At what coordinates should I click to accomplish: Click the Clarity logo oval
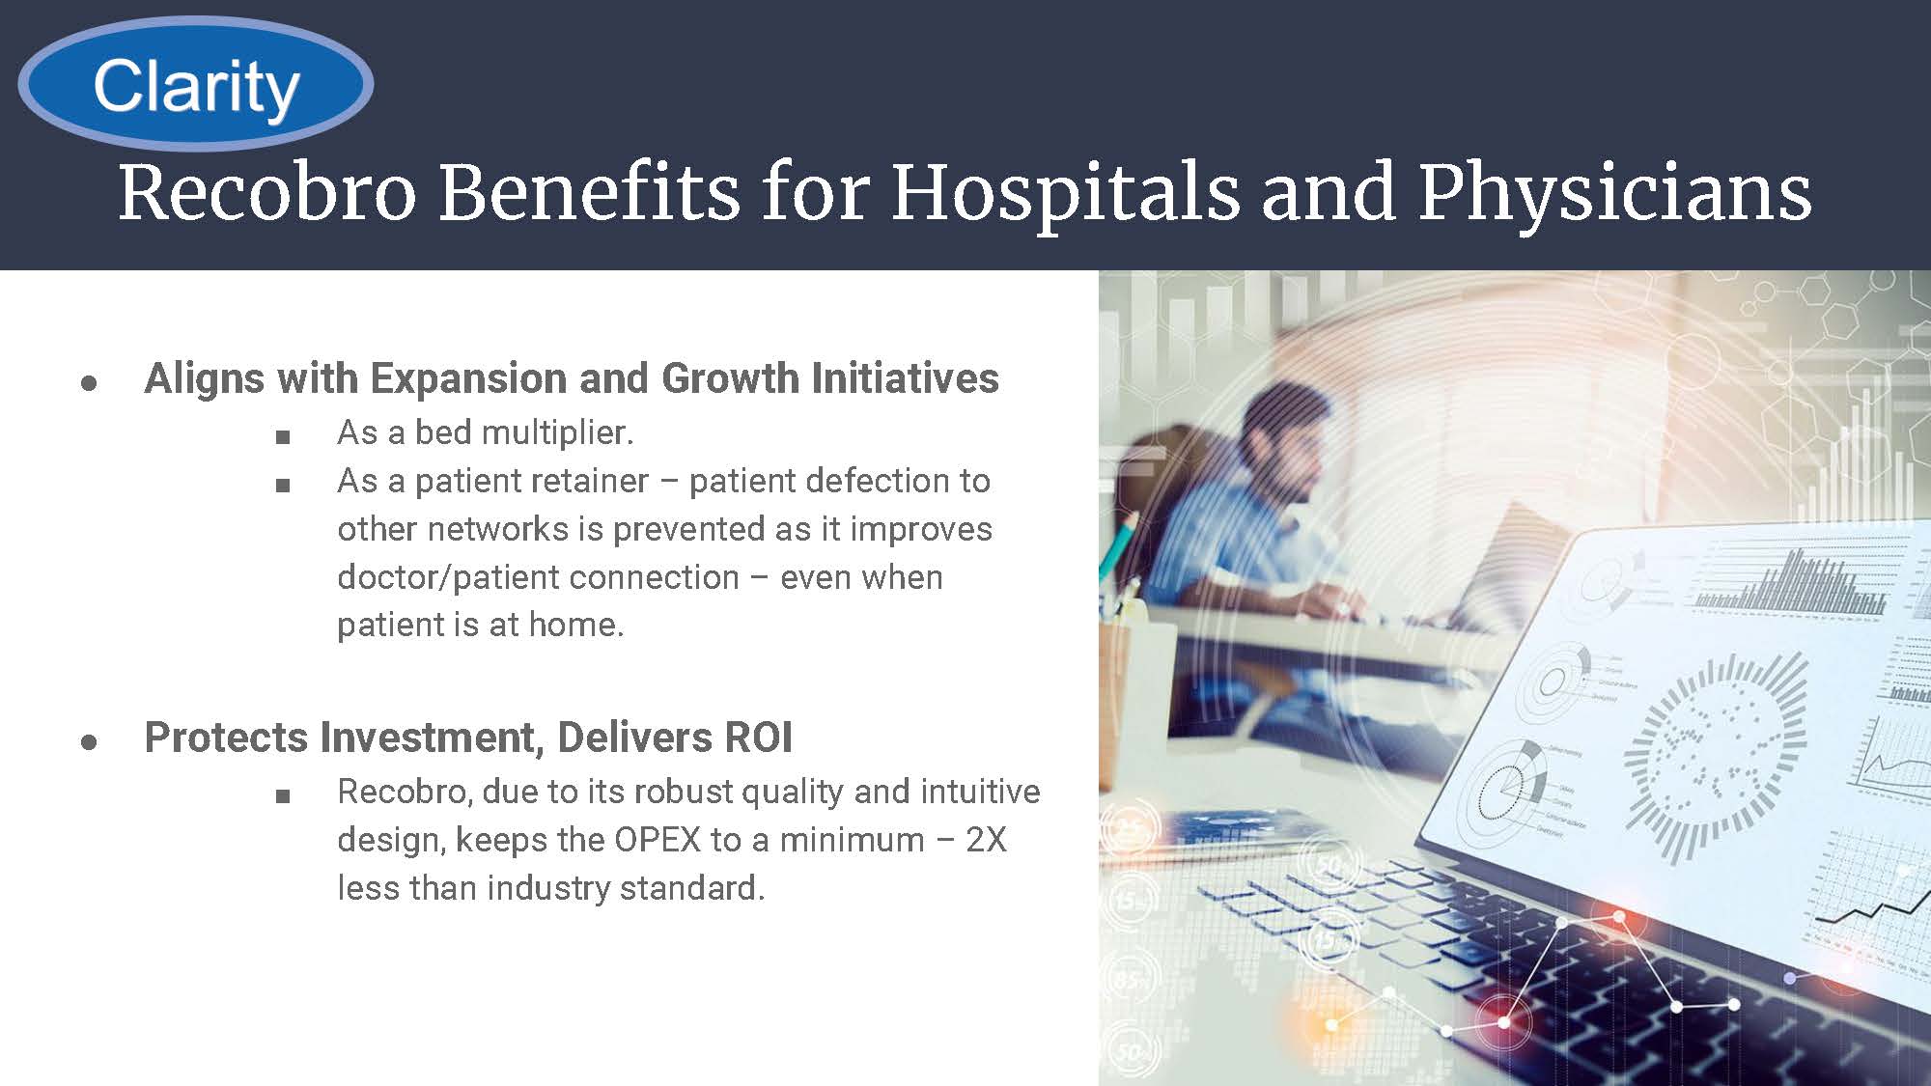pos(196,84)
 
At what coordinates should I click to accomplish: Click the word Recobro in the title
pos(267,193)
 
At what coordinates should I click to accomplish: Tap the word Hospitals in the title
pos(1064,193)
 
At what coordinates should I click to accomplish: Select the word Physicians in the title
pos(1614,193)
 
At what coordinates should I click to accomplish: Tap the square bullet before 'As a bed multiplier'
pos(283,437)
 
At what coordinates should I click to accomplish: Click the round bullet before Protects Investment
pos(90,742)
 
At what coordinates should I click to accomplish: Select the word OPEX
pos(658,840)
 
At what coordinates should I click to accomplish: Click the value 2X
pos(987,840)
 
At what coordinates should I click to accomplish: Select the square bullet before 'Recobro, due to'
pos(283,796)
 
